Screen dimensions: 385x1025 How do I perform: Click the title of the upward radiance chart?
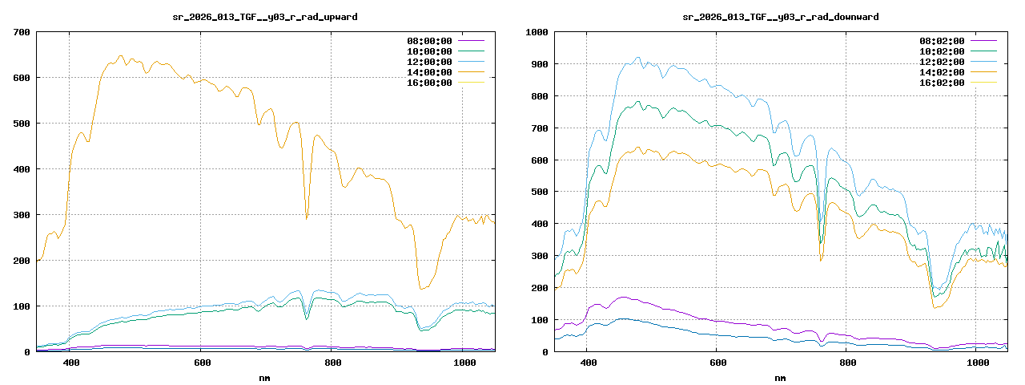pyautogui.click(x=266, y=17)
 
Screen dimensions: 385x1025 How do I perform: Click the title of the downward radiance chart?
pyautogui.click(x=780, y=17)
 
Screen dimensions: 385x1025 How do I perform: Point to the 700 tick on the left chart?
pyautogui.click(x=22, y=32)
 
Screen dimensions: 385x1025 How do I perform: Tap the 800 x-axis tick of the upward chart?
pyautogui.click(x=334, y=363)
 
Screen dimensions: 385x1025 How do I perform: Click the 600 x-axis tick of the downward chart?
pyautogui.click(x=717, y=363)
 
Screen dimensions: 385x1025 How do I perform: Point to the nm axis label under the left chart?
pyautogui.click(x=265, y=377)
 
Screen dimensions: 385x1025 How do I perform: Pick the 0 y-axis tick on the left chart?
pyautogui.click(x=27, y=352)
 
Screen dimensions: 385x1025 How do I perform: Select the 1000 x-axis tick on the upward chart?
pyautogui.click(x=465, y=363)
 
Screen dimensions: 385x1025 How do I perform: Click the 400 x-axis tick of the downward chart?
pyautogui.click(x=587, y=363)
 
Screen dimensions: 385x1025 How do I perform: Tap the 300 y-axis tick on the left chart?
pyautogui.click(x=22, y=215)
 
